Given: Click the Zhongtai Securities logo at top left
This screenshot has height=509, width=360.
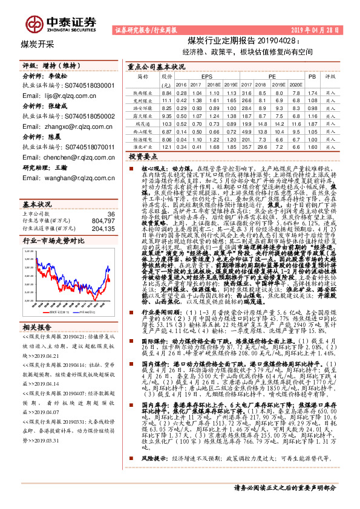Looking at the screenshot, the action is [x=61, y=23].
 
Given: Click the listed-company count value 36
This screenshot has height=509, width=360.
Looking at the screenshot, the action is [x=110, y=197].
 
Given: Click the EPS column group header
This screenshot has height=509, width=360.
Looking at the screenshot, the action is [x=207, y=77].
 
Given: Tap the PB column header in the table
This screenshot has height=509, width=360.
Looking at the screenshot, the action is [x=312, y=77].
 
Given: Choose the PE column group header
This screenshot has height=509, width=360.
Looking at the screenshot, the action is [x=272, y=77].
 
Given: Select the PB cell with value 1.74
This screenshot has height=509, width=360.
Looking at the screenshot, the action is [x=312, y=92].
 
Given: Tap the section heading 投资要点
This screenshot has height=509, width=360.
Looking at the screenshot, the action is [x=142, y=156].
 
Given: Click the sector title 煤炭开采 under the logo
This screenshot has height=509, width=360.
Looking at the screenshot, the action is [x=38, y=44].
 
